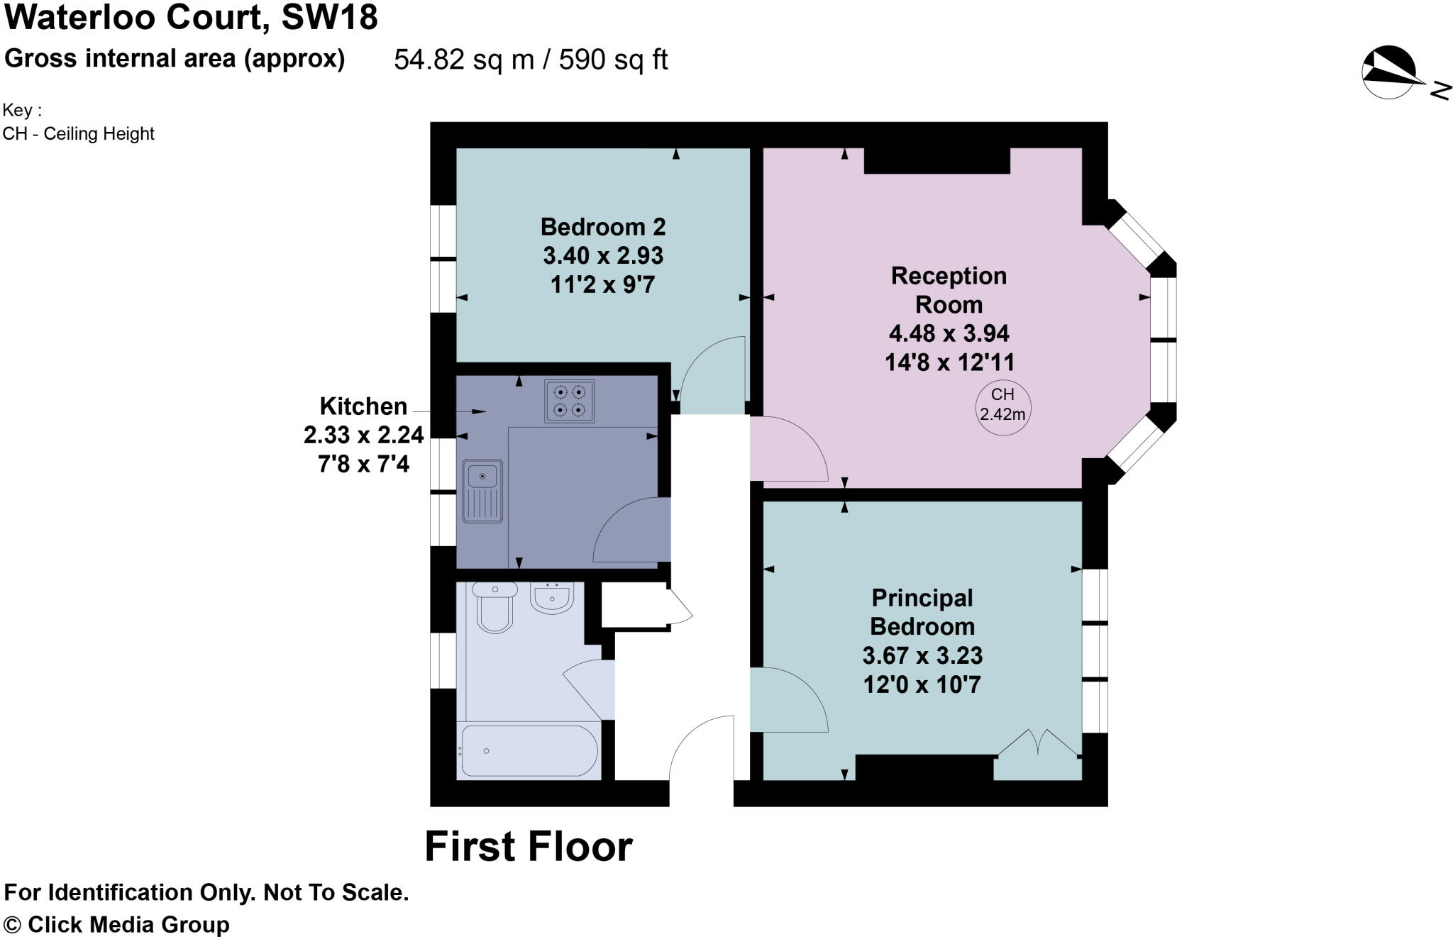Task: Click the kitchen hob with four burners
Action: [x=570, y=401]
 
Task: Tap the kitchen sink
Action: [x=482, y=491]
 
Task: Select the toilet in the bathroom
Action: [x=495, y=608]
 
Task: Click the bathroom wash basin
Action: [x=552, y=599]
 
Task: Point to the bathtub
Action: [x=529, y=750]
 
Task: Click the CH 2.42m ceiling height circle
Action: [x=1002, y=405]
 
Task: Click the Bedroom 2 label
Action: [x=603, y=227]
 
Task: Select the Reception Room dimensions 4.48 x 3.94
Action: [x=949, y=333]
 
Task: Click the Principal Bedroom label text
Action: [x=922, y=612]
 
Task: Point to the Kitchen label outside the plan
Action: [x=363, y=406]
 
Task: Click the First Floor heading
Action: [x=528, y=847]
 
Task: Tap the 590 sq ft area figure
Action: [x=613, y=60]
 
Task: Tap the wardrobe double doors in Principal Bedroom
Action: [x=1038, y=745]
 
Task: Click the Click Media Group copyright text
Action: [x=118, y=925]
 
